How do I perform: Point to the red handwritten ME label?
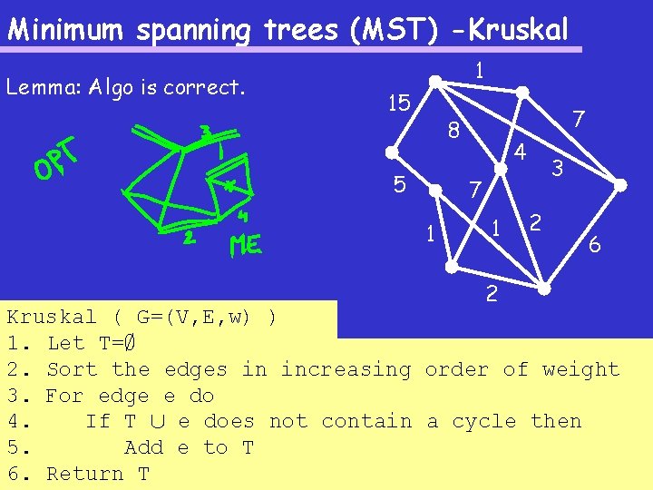tap(246, 245)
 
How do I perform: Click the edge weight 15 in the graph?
tap(397, 103)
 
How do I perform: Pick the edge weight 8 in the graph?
tap(454, 132)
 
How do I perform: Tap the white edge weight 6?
tap(594, 244)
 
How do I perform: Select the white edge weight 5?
tap(399, 185)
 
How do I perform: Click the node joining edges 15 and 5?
tap(391, 153)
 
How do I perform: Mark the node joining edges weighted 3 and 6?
tap(620, 185)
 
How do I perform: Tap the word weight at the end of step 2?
tap(580, 369)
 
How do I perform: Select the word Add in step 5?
tap(143, 447)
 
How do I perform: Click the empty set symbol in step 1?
tap(131, 343)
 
